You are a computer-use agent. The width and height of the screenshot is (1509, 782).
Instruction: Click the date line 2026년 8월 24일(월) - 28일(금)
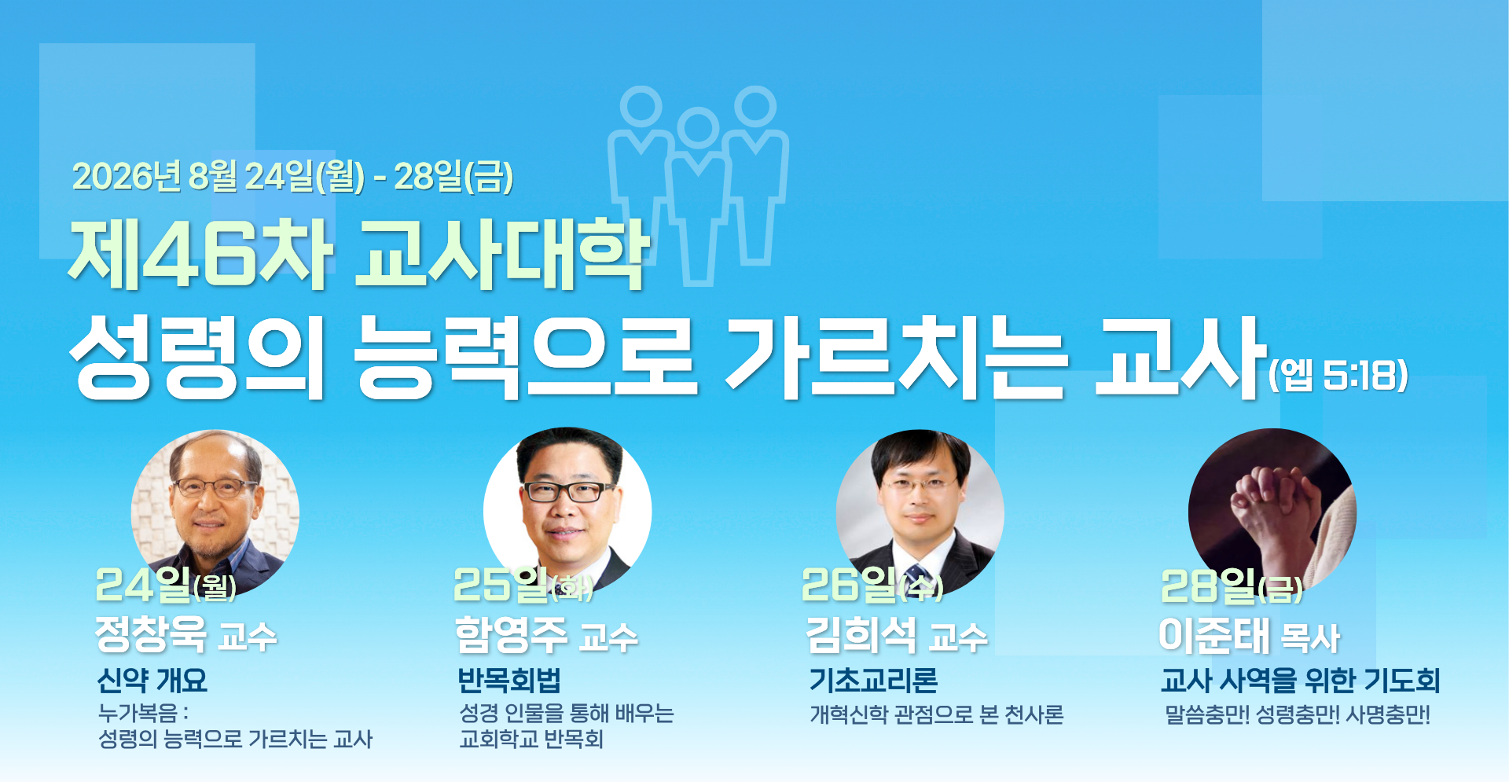click(292, 176)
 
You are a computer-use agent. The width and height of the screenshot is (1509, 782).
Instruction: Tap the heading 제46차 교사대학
click(359, 253)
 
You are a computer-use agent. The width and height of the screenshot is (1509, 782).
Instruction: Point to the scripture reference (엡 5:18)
click(1338, 375)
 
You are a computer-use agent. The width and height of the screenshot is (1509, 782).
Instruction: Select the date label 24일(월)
click(166, 585)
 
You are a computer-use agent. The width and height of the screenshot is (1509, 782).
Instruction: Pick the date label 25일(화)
click(523, 585)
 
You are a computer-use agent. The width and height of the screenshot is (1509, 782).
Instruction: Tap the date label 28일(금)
click(1232, 586)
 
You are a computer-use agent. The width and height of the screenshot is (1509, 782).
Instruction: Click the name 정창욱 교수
click(186, 634)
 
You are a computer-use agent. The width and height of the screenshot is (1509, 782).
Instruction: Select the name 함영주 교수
click(547, 634)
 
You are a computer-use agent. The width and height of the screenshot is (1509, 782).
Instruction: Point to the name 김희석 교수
click(897, 634)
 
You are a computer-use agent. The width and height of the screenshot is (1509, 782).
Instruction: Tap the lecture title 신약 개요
click(152, 680)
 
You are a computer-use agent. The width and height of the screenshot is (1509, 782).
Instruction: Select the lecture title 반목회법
click(509, 680)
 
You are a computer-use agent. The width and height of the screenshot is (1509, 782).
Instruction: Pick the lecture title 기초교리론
click(874, 680)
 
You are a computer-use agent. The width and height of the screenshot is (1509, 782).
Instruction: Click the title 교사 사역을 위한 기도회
click(1301, 680)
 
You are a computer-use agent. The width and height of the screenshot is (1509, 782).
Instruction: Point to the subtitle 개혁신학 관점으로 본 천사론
click(937, 714)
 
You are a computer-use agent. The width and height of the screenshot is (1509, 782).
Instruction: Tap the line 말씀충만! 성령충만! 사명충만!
click(1298, 714)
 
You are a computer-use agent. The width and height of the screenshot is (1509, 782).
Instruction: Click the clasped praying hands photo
click(1272, 511)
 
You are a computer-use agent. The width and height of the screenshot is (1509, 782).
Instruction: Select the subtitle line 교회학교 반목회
click(531, 739)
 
